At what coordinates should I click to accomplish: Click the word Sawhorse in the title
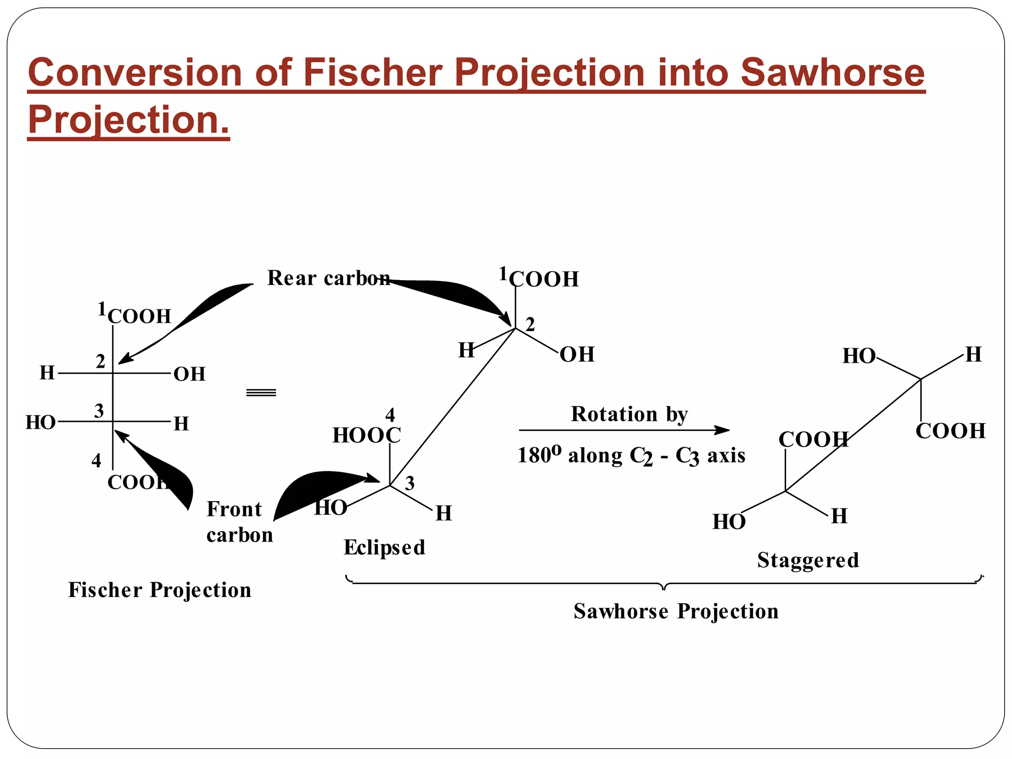pyautogui.click(x=832, y=72)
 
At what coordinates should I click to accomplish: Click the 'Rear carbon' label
pyautogui.click(x=329, y=278)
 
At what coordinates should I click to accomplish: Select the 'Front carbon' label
pyautogui.click(x=239, y=522)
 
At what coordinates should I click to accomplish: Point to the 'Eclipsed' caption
pyautogui.click(x=384, y=548)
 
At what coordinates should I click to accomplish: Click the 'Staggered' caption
pyautogui.click(x=808, y=560)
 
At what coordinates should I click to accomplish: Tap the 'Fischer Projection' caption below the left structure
pyautogui.click(x=160, y=590)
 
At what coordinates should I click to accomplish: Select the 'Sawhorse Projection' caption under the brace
pyautogui.click(x=676, y=611)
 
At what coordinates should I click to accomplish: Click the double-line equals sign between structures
pyautogui.click(x=261, y=393)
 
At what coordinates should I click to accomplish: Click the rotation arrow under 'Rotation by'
pyautogui.click(x=624, y=430)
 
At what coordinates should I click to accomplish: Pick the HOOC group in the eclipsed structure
pyautogui.click(x=367, y=435)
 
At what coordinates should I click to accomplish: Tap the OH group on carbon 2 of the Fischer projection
pyautogui.click(x=189, y=375)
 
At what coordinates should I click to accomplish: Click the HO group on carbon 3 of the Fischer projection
pyautogui.click(x=41, y=423)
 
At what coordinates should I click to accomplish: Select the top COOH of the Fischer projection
pyautogui.click(x=139, y=316)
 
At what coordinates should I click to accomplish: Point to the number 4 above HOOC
pyautogui.click(x=390, y=415)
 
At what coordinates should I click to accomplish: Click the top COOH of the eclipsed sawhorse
pyautogui.click(x=544, y=279)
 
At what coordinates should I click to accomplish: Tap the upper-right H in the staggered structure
pyautogui.click(x=973, y=355)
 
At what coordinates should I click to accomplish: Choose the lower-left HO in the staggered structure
pyautogui.click(x=729, y=522)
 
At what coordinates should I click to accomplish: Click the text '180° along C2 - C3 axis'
pyautogui.click(x=631, y=456)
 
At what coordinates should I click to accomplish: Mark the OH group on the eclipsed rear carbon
pyautogui.click(x=577, y=355)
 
